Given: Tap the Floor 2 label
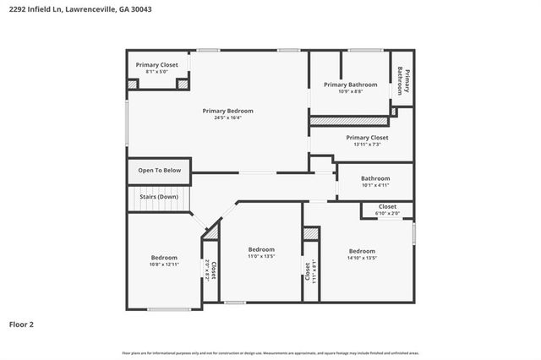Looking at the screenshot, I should tap(22, 323).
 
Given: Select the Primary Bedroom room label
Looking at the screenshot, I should tap(227, 111).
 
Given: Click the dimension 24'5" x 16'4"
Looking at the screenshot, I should tap(227, 117).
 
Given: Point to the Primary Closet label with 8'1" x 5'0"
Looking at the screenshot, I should tap(157, 65).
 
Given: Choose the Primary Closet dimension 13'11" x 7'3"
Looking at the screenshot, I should tap(367, 144).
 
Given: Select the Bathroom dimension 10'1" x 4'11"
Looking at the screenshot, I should tap(375, 185).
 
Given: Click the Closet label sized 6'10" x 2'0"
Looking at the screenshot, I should tap(387, 206).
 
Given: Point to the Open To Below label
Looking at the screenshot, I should tap(160, 170).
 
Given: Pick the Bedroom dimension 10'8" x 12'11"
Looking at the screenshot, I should tap(164, 265).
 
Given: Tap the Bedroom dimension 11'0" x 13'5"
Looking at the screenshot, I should tap(261, 256).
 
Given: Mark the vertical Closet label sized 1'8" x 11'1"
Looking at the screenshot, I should tap(310, 270).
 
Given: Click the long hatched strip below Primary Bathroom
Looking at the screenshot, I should tap(349, 121).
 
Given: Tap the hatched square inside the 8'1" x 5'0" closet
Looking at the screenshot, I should tap(133, 84).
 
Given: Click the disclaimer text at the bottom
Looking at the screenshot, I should tap(270, 352).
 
